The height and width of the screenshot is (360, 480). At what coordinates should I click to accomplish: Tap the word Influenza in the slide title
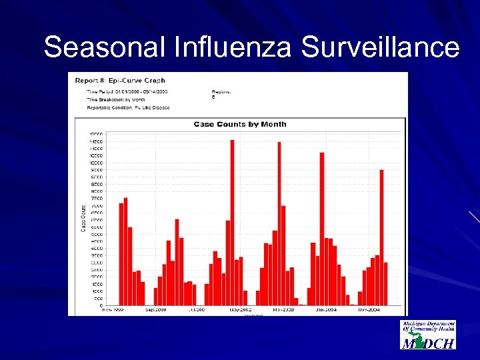(217, 48)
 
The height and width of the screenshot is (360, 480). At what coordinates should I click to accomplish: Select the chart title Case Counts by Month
(240, 124)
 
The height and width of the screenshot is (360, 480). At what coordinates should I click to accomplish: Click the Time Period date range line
(127, 91)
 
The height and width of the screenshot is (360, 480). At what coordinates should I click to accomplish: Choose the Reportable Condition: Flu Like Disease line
(129, 107)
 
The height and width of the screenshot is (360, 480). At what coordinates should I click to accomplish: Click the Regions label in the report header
(221, 91)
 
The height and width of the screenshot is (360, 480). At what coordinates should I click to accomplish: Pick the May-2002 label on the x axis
(241, 310)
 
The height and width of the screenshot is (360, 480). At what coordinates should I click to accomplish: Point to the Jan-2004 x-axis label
(326, 310)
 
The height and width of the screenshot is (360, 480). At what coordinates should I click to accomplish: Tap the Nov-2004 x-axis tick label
(369, 310)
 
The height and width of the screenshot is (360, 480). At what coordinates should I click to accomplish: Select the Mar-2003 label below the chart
(283, 310)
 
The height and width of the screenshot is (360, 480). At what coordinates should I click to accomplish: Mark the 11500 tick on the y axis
(96, 141)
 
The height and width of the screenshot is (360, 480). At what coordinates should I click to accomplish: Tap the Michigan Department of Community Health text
(428, 326)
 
